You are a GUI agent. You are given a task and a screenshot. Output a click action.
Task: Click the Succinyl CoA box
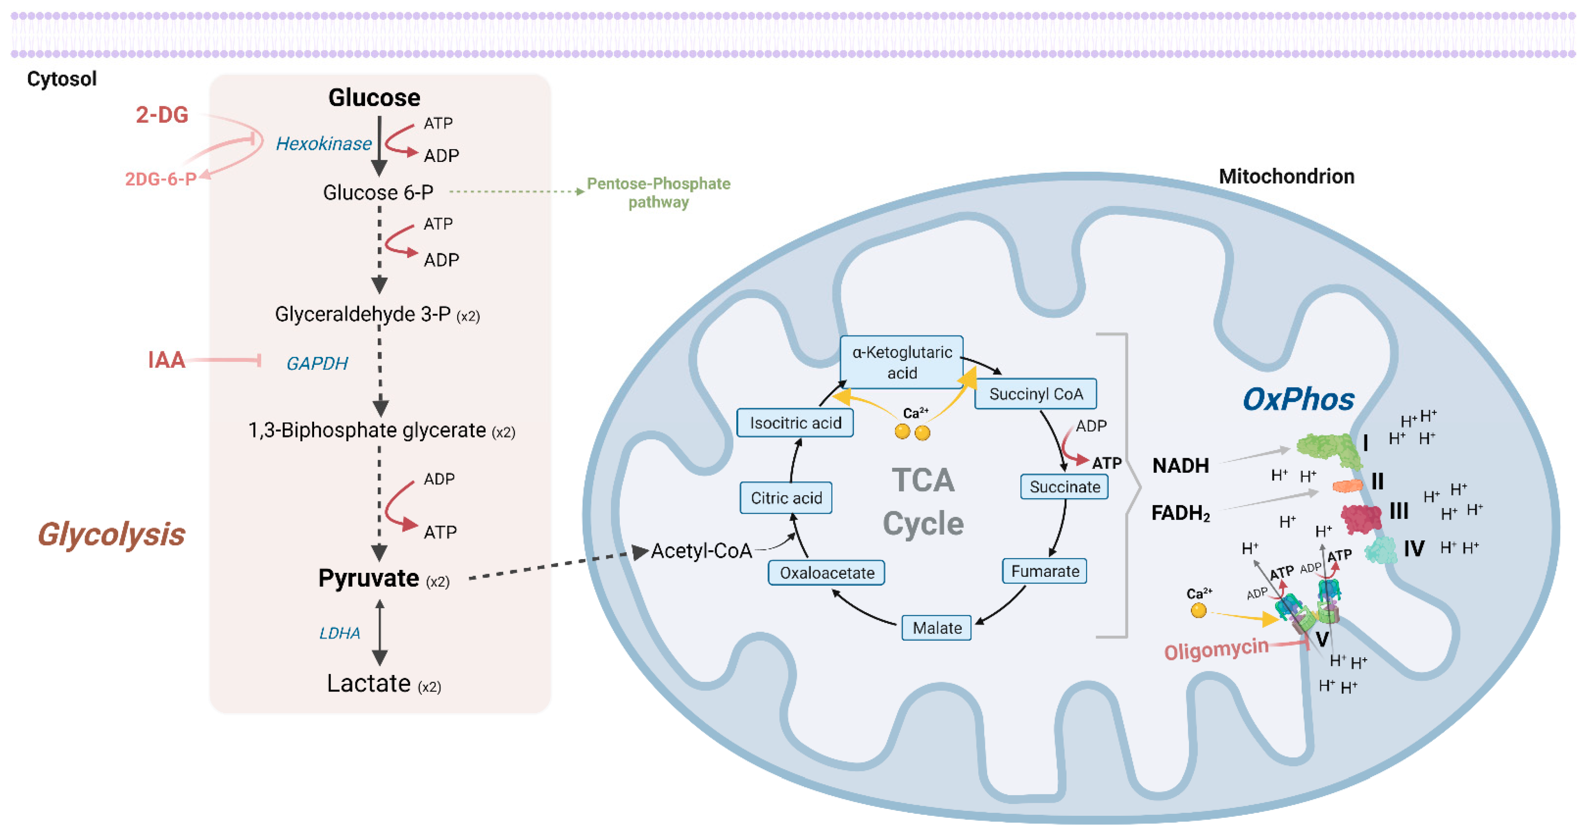(1035, 394)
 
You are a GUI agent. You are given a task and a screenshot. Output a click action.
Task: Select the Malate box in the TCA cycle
(937, 627)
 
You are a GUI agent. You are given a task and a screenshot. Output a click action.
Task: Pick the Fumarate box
(1044, 571)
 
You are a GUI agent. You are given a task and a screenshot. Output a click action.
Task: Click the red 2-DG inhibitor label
(162, 115)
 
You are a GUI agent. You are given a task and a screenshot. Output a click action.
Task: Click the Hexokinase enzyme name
(323, 144)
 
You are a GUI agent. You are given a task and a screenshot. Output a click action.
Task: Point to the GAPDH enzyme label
(317, 363)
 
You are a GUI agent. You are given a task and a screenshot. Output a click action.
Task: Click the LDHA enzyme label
(339, 633)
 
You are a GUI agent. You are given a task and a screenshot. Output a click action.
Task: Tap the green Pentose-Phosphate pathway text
(658, 192)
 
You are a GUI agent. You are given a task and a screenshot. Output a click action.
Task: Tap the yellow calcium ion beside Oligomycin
(1198, 610)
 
